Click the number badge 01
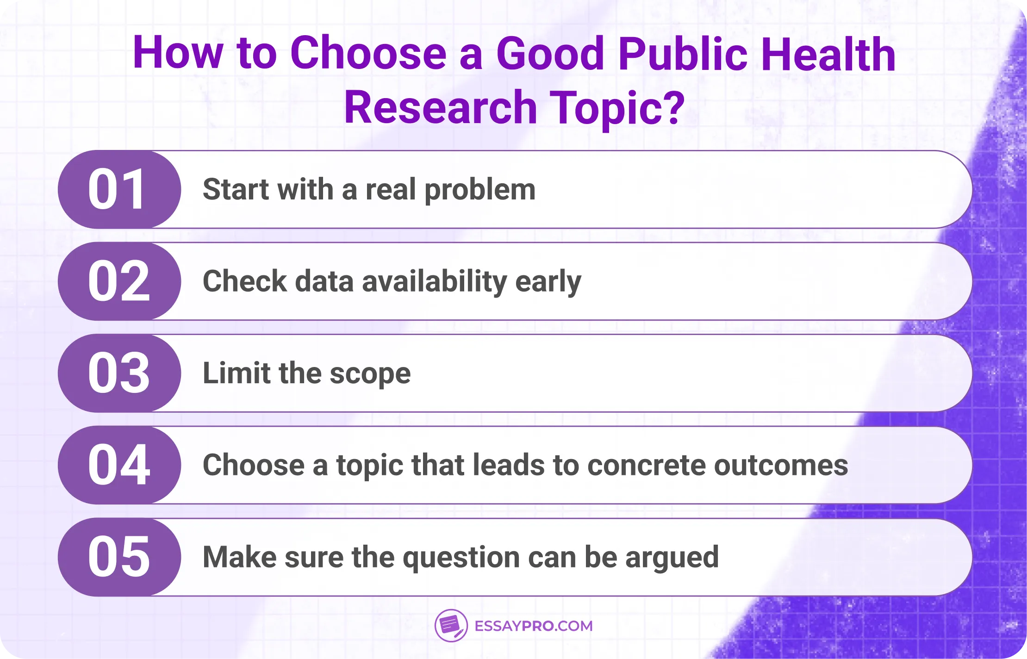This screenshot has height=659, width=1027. pos(118,189)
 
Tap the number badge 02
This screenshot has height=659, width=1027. pos(118,281)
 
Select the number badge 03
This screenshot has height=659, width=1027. pos(118,373)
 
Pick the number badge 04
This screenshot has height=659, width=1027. pos(118,465)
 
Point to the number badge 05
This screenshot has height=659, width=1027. pos(118,557)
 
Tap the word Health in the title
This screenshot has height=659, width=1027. pos(828,54)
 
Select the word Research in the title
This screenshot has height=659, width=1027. pos(440,108)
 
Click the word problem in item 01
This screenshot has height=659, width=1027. pos(480,190)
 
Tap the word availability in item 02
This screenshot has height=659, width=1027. pos(435,282)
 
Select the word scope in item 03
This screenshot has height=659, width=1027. pos(370,374)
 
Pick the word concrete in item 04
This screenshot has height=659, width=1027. pos(646,465)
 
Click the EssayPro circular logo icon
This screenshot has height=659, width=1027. pos(451,626)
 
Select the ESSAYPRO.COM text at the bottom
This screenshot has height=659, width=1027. pos(534,626)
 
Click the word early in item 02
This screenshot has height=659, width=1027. pos(548,282)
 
